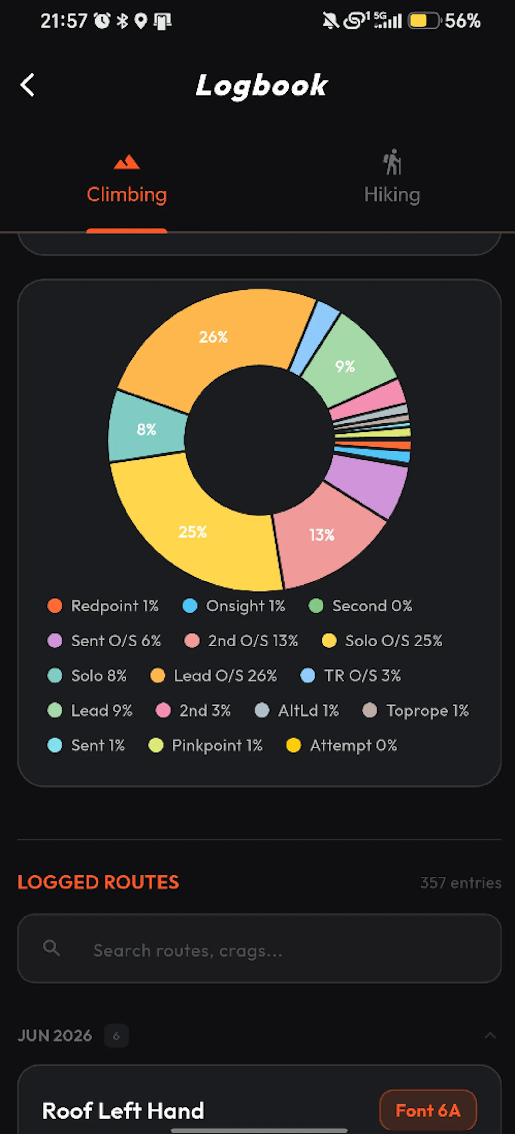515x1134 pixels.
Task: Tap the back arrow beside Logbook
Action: tap(27, 85)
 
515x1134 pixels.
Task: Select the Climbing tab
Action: tap(127, 181)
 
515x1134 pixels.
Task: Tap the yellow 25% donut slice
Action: tap(194, 533)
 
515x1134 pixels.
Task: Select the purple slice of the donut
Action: tap(368, 484)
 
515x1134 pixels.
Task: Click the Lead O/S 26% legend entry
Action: tap(213, 675)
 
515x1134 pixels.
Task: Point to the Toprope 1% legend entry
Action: tap(416, 710)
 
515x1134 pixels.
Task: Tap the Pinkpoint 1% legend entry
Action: tap(205, 745)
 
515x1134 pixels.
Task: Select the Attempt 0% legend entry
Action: tap(342, 745)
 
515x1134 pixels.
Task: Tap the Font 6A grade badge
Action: tap(428, 1110)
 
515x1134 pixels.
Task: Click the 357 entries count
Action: tap(460, 883)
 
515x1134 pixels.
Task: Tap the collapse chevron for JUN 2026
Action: tap(490, 1036)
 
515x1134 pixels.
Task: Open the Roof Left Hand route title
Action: tap(123, 1110)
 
